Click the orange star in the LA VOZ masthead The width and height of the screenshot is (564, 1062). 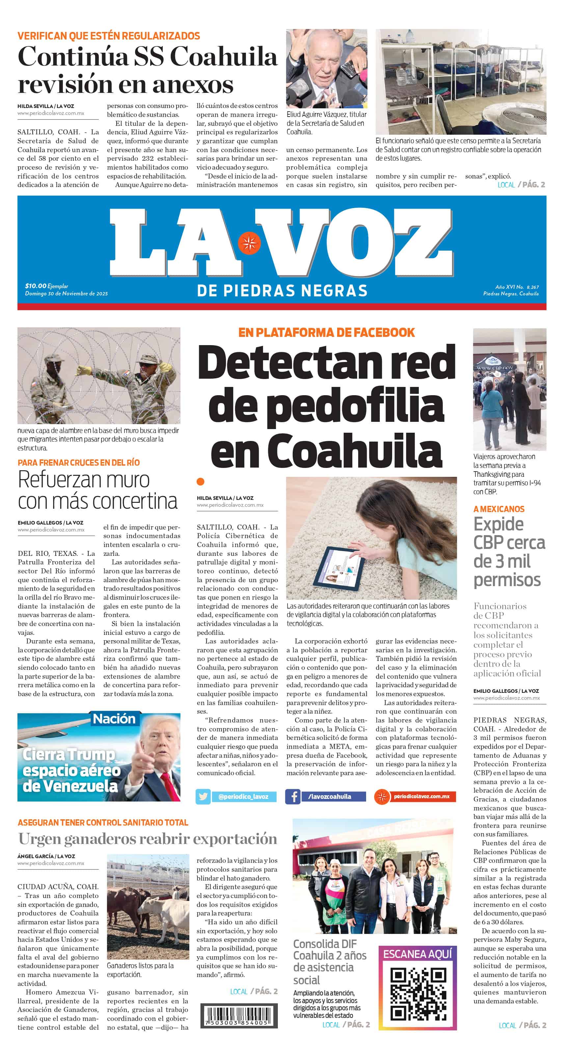click(x=249, y=243)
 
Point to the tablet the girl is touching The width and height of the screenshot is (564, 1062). click(x=340, y=570)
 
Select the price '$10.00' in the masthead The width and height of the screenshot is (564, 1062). click(x=36, y=286)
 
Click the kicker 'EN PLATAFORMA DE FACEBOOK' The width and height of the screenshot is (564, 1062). click(x=327, y=332)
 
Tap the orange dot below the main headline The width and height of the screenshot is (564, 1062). click(x=201, y=481)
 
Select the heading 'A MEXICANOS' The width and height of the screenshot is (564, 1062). click(x=499, y=509)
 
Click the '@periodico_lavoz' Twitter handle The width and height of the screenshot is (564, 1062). click(x=243, y=797)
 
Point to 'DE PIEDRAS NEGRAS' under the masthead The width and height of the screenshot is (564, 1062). click(x=282, y=291)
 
